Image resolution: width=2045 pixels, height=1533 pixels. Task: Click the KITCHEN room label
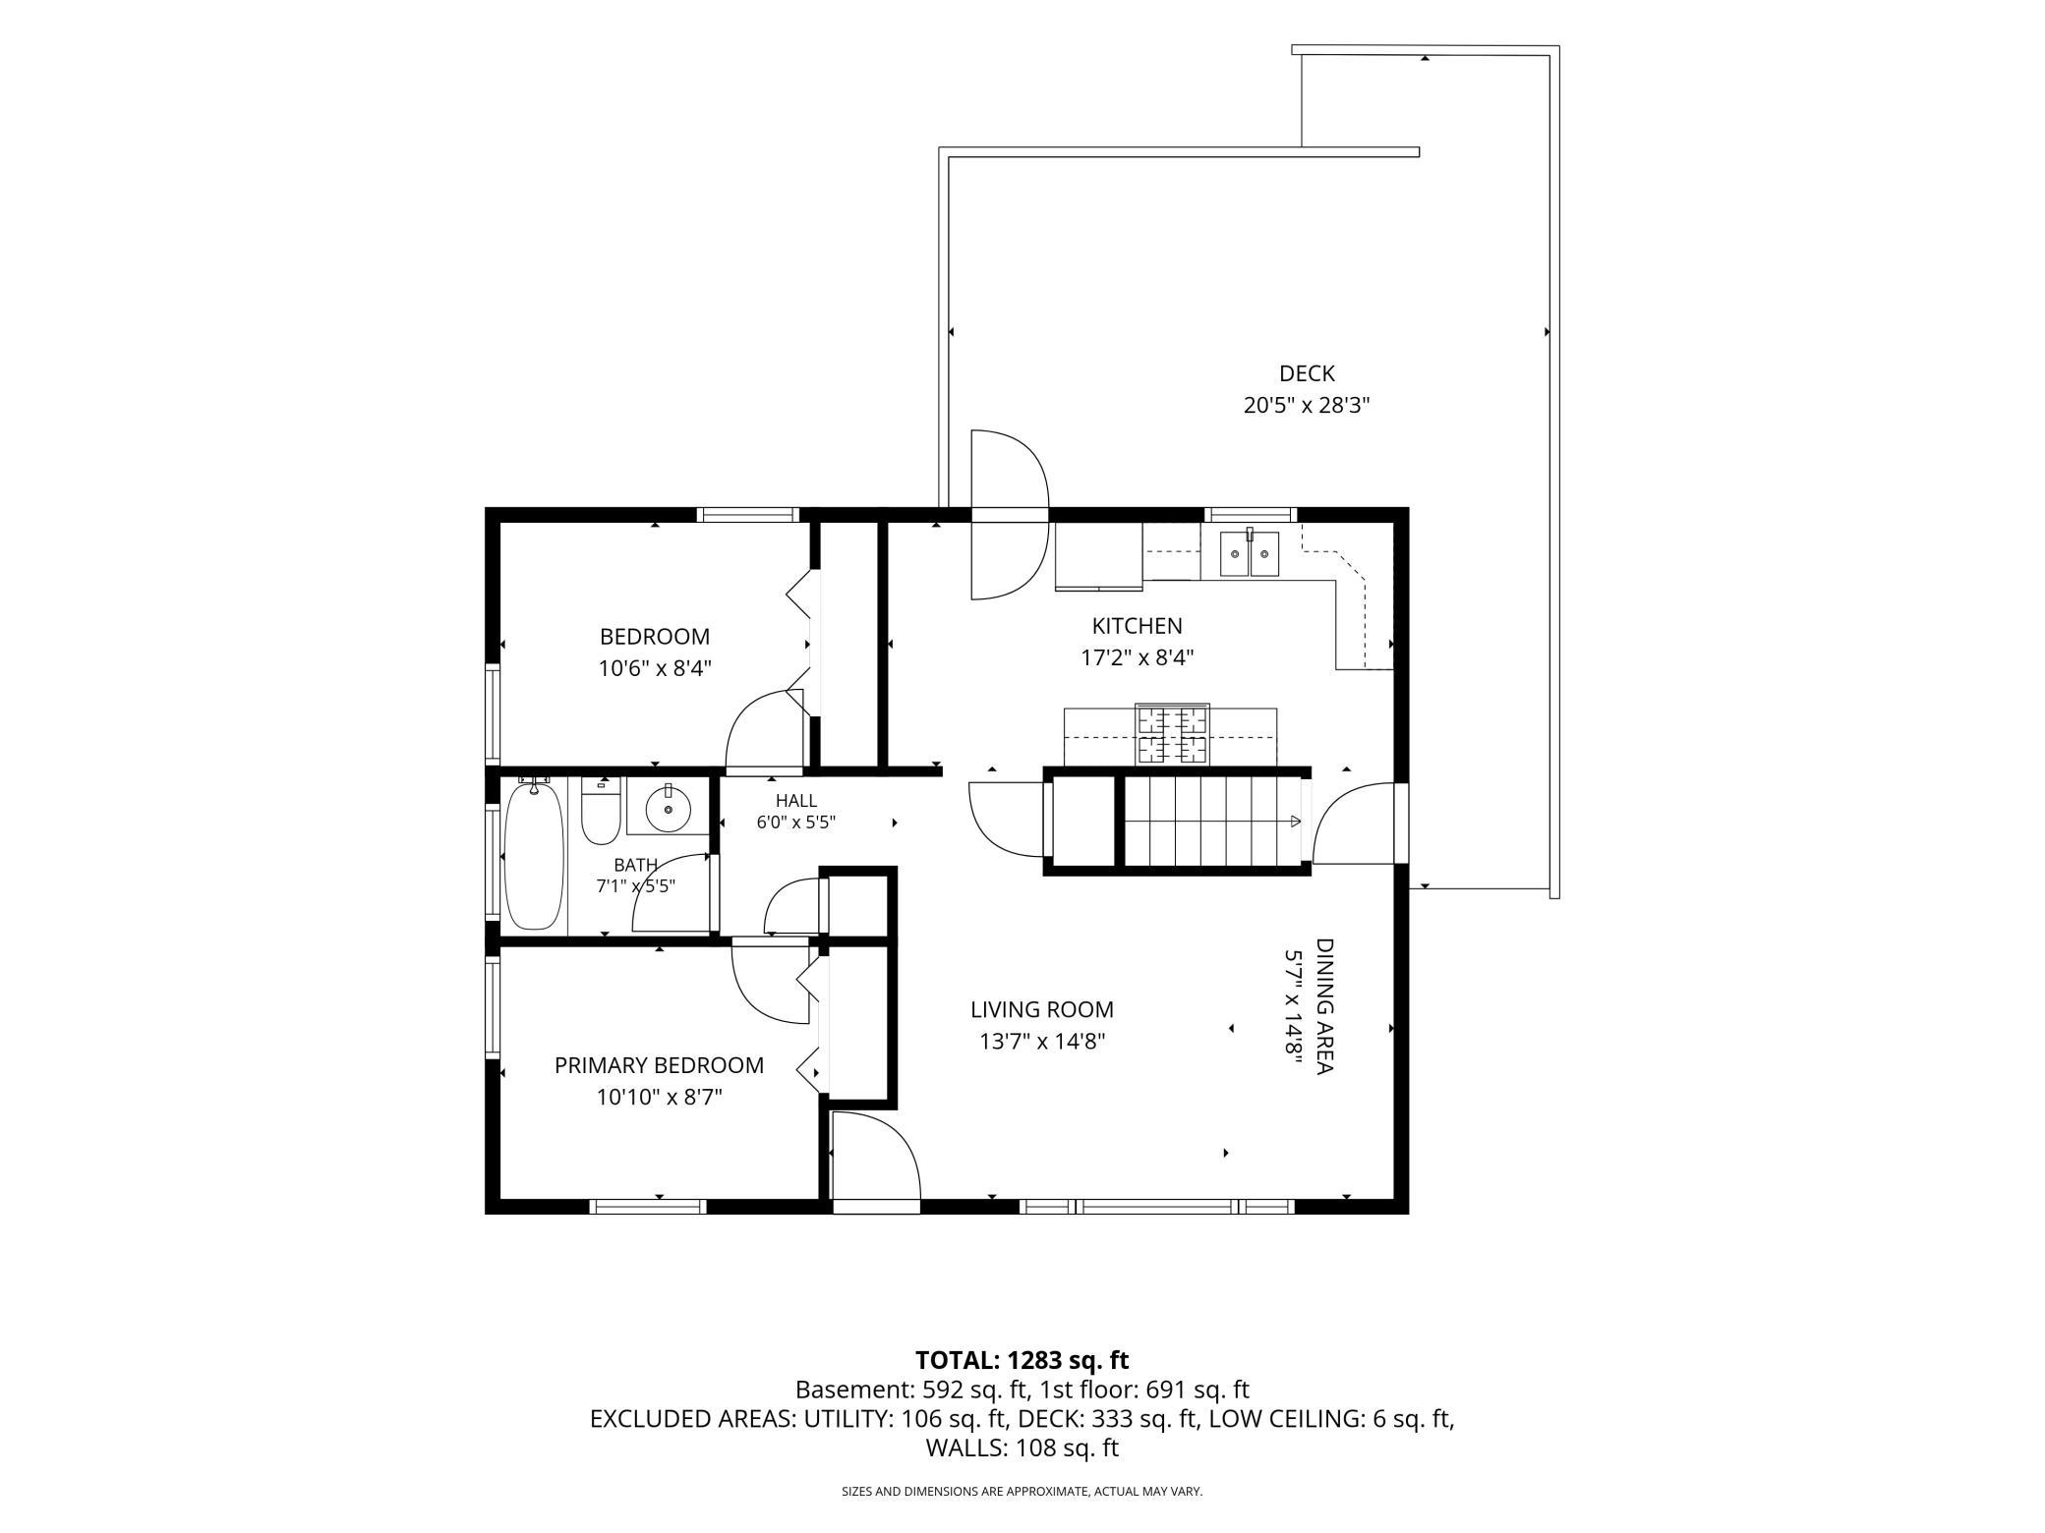[1137, 625]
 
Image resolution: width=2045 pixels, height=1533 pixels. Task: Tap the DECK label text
[1307, 373]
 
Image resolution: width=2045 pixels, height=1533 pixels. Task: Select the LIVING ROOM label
[1042, 1009]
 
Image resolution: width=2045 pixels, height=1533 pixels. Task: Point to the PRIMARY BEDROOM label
[659, 1065]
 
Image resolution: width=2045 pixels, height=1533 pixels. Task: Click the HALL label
[795, 801]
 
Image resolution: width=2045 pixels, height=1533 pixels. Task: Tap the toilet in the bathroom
[600, 811]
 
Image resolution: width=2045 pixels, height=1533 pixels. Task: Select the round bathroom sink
[669, 809]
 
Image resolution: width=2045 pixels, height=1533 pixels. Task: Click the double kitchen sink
[1250, 554]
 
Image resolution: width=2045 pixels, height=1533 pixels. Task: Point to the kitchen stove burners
[1172, 735]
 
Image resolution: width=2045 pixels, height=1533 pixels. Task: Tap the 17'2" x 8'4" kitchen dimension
[1137, 657]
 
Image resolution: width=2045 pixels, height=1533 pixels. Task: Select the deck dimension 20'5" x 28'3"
[1307, 405]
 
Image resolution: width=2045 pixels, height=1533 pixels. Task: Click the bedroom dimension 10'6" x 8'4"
[655, 668]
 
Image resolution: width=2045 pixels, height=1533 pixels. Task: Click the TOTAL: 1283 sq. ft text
[1022, 1360]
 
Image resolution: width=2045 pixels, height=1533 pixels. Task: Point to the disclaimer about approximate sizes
[1022, 1491]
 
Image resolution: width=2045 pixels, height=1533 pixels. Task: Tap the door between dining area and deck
[1354, 823]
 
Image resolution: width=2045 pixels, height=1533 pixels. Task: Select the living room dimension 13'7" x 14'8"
[1042, 1042]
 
